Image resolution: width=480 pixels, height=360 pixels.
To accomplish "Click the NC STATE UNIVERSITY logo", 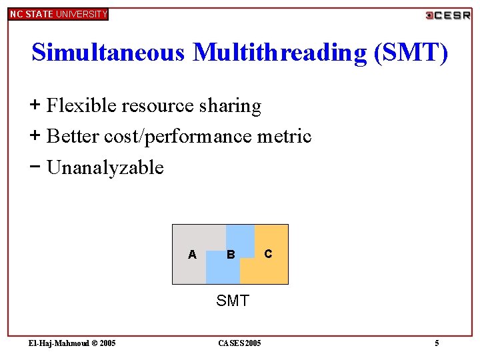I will (58, 14).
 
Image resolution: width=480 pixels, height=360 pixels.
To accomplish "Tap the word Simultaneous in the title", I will (108, 52).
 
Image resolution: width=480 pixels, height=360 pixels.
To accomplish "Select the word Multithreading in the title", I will (280, 52).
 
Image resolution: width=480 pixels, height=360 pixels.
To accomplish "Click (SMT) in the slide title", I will (411, 52).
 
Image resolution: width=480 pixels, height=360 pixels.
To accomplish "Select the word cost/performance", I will (179, 136).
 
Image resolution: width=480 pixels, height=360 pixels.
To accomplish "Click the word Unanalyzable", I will (105, 167).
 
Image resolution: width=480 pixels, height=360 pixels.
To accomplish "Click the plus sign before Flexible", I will (35, 105).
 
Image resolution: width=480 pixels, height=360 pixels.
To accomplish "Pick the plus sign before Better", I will (35, 135).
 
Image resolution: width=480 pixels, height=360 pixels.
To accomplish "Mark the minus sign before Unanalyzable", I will (35, 166).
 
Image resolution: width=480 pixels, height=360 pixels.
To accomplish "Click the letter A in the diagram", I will (192, 254).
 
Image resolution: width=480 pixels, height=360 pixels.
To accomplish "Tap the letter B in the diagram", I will (231, 254).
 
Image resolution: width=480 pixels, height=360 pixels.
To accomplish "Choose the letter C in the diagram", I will (268, 253).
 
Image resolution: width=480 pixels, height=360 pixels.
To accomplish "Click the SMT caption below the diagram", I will (232, 301).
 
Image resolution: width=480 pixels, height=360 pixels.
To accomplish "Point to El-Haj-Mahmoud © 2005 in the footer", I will (72, 343).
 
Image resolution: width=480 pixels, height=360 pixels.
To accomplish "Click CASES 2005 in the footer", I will (240, 343).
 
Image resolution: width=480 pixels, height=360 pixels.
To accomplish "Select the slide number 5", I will (437, 343).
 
